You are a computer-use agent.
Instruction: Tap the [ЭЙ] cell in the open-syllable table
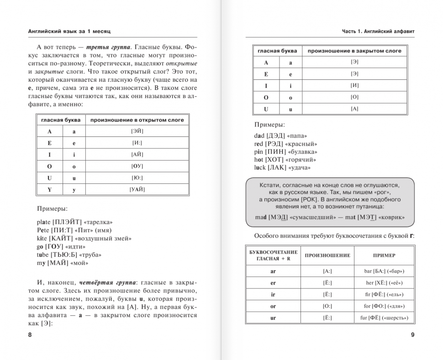click(x=137, y=131)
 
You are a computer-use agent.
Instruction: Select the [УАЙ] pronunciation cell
click(x=137, y=189)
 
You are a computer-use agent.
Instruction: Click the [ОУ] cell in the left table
click(x=137, y=166)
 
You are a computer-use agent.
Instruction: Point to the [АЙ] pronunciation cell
click(x=137, y=155)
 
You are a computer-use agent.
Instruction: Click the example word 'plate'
click(x=45, y=222)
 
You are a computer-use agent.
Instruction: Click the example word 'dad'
click(x=260, y=136)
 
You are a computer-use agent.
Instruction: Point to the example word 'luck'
click(x=260, y=167)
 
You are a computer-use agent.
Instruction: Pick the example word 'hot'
click(x=259, y=160)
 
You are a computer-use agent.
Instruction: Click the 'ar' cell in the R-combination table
click(x=273, y=271)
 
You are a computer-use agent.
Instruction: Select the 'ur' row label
click(x=273, y=318)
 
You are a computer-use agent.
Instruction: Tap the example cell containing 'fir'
click(x=384, y=295)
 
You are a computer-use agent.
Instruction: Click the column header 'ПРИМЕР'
click(x=384, y=255)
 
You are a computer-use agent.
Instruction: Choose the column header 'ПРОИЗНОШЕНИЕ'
click(x=327, y=255)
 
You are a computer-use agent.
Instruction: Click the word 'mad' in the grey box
click(x=261, y=217)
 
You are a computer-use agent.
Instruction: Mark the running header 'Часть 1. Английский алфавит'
click(x=381, y=31)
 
